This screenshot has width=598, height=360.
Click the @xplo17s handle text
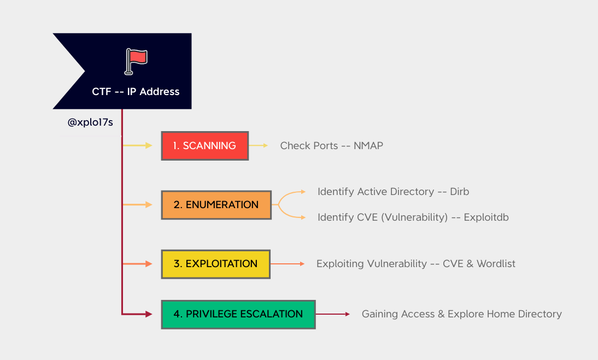point(90,122)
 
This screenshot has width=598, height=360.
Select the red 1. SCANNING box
point(205,146)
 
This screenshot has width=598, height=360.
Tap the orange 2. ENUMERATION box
point(216,205)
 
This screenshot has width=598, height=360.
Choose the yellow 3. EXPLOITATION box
point(216,264)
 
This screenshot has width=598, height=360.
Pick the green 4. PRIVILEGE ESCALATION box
point(238,314)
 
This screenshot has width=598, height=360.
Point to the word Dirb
point(460,192)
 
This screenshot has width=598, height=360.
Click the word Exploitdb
point(486,217)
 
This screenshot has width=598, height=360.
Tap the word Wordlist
point(496,264)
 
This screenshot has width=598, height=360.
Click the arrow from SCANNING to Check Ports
point(259,146)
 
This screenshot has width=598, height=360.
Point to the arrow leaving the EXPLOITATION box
point(288,264)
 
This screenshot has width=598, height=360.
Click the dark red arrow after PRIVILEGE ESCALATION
point(332,314)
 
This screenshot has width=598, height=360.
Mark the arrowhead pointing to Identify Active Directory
point(303,192)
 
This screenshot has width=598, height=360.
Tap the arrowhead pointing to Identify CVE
point(303,217)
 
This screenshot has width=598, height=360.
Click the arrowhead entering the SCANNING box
point(149,146)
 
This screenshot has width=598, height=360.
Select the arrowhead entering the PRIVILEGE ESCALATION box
point(148,314)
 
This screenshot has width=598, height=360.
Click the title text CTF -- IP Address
point(136,92)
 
